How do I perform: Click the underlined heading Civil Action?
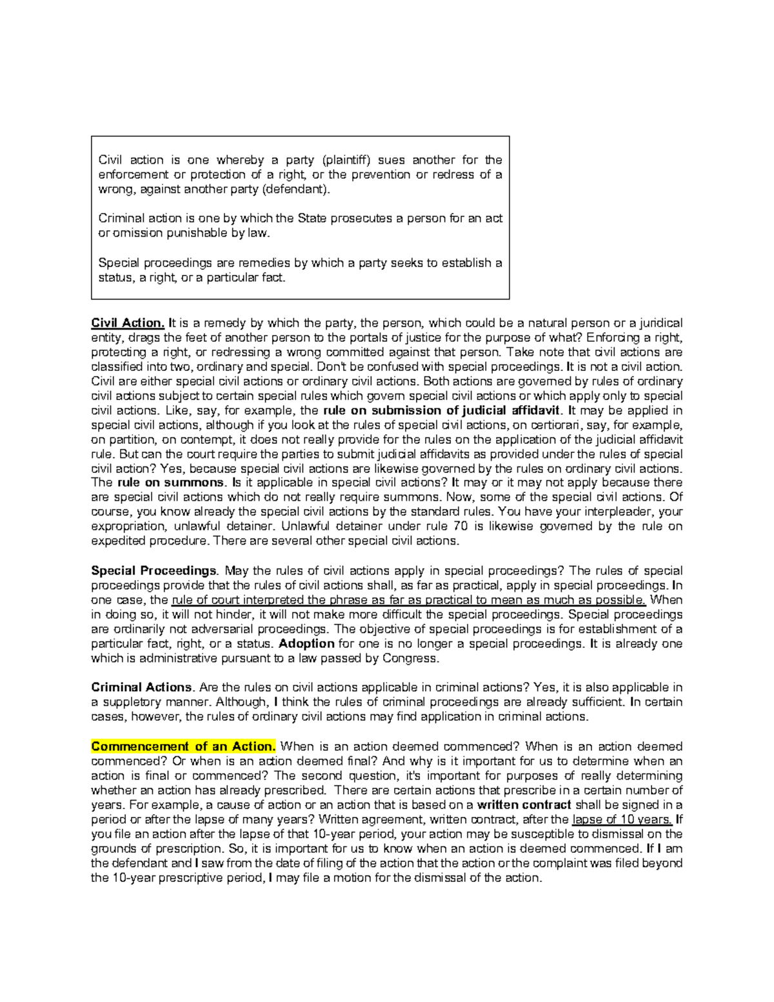click(x=128, y=323)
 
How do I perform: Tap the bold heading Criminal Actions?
click(x=142, y=688)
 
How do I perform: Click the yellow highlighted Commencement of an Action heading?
click(x=183, y=746)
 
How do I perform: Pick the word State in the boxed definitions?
click(x=312, y=219)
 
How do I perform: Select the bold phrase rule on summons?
click(x=171, y=483)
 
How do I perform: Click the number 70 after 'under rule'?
click(x=460, y=526)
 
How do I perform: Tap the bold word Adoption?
click(x=306, y=644)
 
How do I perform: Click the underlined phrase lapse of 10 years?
click(x=622, y=820)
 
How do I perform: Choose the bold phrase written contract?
click(x=524, y=805)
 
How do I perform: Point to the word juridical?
click(x=657, y=323)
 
